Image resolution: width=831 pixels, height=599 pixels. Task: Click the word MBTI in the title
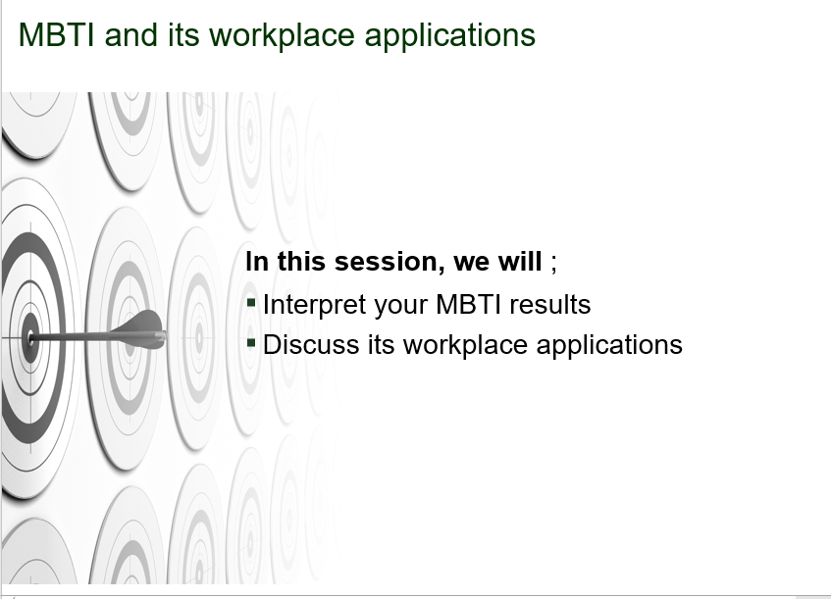pyautogui.click(x=57, y=35)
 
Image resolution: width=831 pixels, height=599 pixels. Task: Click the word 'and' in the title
pyautogui.click(x=130, y=35)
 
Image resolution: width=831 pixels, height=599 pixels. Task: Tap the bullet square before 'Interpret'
pyautogui.click(x=251, y=304)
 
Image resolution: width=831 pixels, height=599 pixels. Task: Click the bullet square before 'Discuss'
pyautogui.click(x=251, y=343)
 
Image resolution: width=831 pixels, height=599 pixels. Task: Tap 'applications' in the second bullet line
pyautogui.click(x=609, y=345)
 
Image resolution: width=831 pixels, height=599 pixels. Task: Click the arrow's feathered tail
pyautogui.click(x=139, y=330)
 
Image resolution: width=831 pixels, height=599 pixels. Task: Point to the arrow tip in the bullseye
pyautogui.click(x=30, y=337)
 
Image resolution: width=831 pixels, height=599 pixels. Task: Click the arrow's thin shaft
pyautogui.click(x=72, y=337)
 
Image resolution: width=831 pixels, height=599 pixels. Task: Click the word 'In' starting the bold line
pyautogui.click(x=257, y=261)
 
